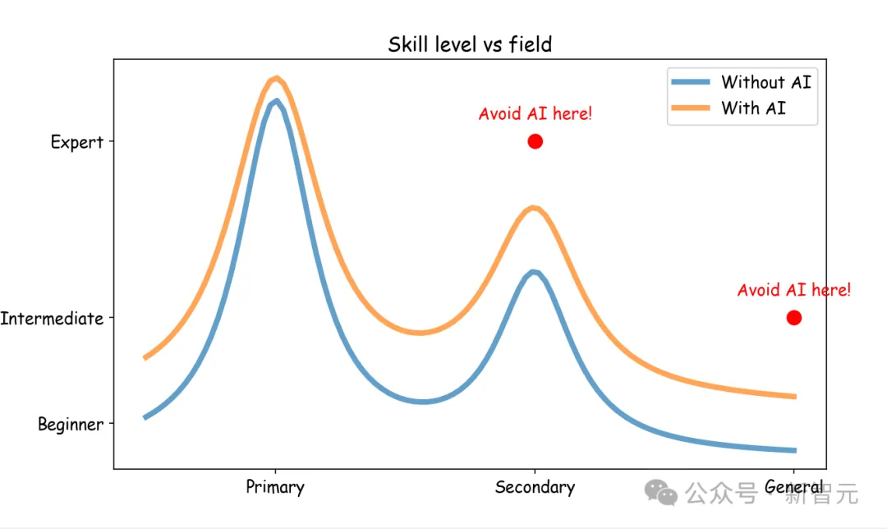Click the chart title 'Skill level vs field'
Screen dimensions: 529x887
(x=470, y=44)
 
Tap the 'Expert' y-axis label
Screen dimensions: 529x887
(x=77, y=142)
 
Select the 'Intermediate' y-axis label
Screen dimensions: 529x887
(x=52, y=318)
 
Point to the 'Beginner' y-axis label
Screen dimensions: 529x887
(x=71, y=425)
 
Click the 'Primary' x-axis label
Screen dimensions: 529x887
(x=275, y=487)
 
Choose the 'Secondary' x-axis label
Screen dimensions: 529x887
(x=535, y=487)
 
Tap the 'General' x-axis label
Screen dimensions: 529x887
(x=793, y=487)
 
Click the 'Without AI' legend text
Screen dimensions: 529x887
(x=765, y=82)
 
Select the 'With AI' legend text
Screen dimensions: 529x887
(x=753, y=108)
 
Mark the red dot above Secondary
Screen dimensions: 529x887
(x=535, y=141)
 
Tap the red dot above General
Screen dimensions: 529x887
(x=793, y=318)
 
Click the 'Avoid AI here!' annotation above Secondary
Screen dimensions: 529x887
(x=535, y=114)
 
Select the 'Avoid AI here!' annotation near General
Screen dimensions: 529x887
(x=793, y=290)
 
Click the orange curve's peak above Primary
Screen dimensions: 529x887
(x=277, y=79)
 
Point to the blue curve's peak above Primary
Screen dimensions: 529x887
(x=277, y=102)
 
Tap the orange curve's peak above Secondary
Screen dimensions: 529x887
(x=535, y=207)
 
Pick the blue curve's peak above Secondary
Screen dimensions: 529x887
(x=535, y=272)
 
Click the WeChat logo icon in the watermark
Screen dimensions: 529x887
(x=661, y=492)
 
